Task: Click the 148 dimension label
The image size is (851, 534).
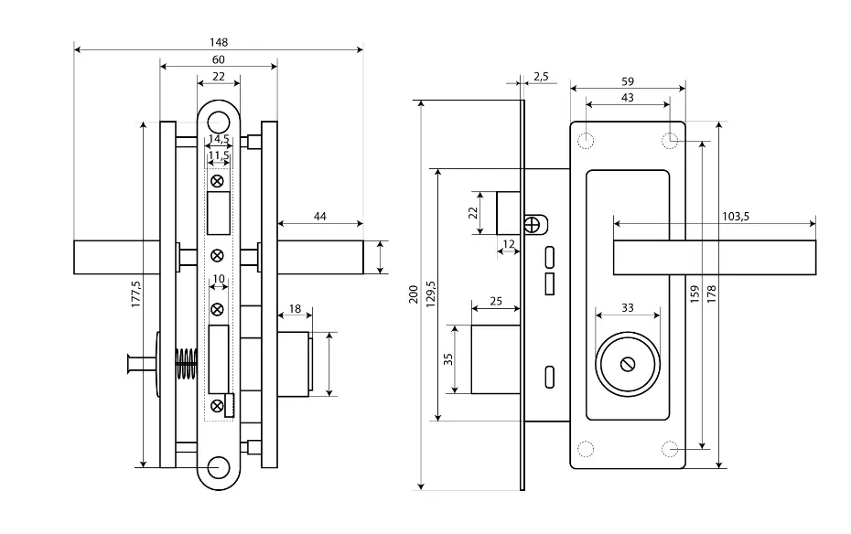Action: tap(219, 42)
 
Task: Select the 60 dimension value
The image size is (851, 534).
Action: tap(218, 59)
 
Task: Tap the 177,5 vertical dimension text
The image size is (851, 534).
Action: tap(135, 294)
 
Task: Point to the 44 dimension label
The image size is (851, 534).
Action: tap(320, 217)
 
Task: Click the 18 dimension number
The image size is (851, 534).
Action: tap(295, 309)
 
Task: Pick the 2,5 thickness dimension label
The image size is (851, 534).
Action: tap(541, 77)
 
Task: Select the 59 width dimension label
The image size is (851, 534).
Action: tap(628, 81)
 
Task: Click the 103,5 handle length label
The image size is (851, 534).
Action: tap(736, 217)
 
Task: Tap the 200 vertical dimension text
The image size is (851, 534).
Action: tap(414, 294)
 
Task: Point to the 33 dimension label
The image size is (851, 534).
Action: tap(628, 308)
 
